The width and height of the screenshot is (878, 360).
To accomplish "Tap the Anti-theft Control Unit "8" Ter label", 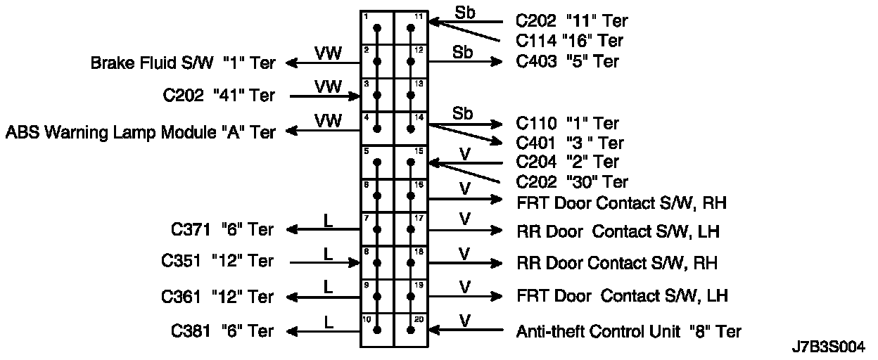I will (628, 330).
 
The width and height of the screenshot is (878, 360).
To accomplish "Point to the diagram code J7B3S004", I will (828, 348).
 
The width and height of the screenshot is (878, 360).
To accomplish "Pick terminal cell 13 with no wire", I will (410, 95).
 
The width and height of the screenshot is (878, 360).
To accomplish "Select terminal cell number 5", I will (376, 162).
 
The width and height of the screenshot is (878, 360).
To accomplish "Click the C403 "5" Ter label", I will (567, 61).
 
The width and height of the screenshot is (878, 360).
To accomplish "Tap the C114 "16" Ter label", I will (569, 41).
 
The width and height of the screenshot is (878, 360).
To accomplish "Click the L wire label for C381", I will (328, 321).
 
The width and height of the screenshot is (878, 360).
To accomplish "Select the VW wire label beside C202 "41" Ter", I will (328, 86).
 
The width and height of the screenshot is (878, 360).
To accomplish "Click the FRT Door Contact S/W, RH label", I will (621, 203).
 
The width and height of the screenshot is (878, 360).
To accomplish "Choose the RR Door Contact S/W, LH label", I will (618, 231).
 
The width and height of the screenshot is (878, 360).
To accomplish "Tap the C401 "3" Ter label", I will (570, 143).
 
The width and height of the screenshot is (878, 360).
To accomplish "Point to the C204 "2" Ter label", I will (567, 162).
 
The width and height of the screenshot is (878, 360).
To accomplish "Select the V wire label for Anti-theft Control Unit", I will (464, 321).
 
